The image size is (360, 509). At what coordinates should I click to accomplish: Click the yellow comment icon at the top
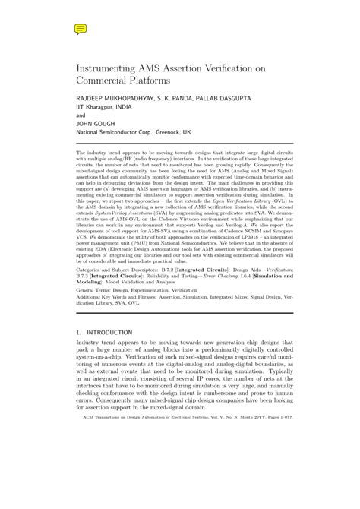[80, 29]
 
